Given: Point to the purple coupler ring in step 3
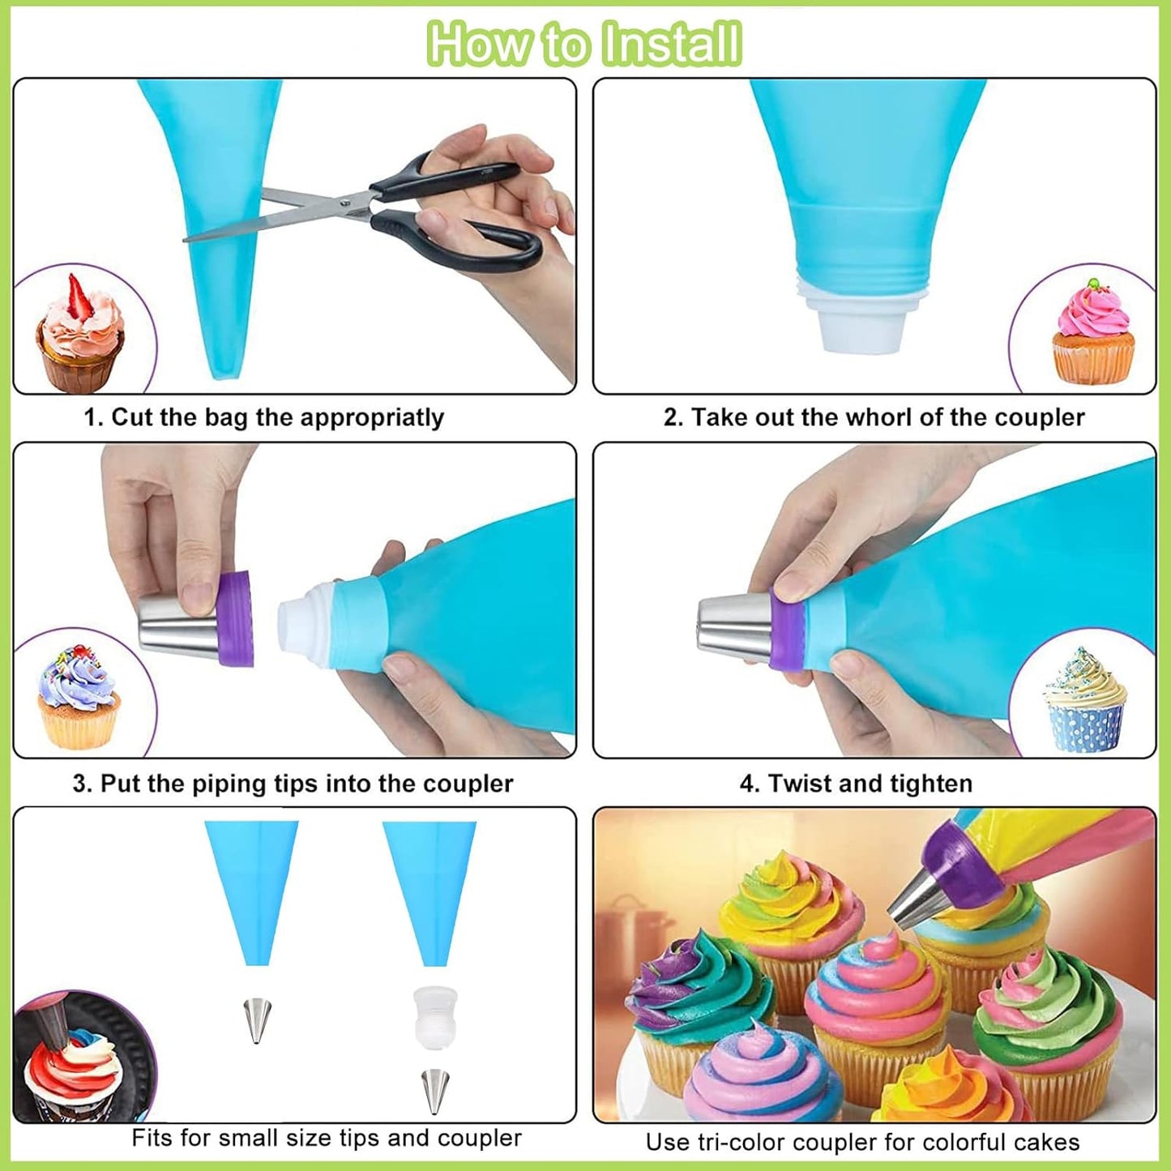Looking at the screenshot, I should tap(235, 618).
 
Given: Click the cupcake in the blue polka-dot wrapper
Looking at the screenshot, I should tap(1084, 700).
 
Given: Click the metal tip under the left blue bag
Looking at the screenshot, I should tap(257, 1020).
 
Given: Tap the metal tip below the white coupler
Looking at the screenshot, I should tap(435, 1090).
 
